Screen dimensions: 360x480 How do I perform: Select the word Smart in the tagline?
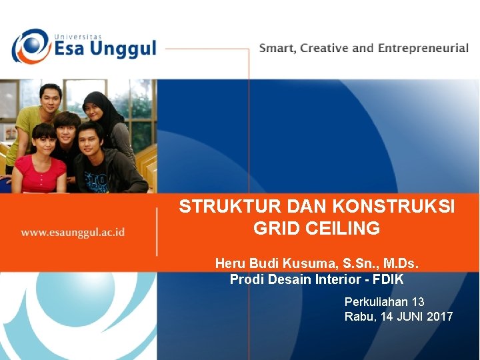pyautogui.click(x=277, y=49)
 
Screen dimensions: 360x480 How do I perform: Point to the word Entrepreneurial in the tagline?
pyautogui.click(x=423, y=49)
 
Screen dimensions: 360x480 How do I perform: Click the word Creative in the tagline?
pyautogui.click(x=324, y=49)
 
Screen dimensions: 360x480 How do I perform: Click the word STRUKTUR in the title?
pyautogui.click(x=221, y=207)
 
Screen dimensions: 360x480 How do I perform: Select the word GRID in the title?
pyautogui.click(x=277, y=229)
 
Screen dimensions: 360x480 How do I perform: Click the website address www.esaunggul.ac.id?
pyautogui.click(x=73, y=233)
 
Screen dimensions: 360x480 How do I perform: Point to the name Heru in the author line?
pyautogui.click(x=229, y=263)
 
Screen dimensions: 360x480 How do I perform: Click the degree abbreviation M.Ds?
pyautogui.click(x=398, y=263)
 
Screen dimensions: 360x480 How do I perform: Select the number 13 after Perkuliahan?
pyautogui.click(x=418, y=302)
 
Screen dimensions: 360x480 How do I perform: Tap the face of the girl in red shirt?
pyautogui.click(x=44, y=142)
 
